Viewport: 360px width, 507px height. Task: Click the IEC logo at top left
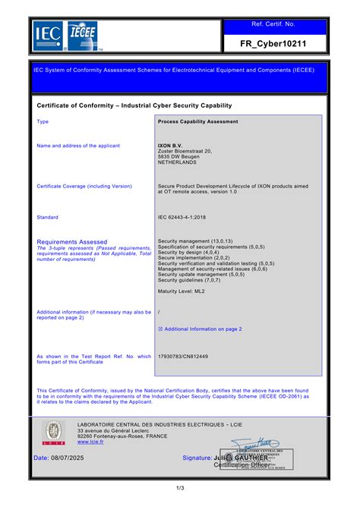(x=47, y=33)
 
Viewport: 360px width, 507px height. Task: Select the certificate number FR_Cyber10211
(x=275, y=44)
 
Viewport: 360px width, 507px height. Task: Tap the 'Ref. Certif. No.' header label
(x=275, y=24)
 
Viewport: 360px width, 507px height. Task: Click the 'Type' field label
(x=43, y=121)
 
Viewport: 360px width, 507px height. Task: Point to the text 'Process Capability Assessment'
(x=197, y=121)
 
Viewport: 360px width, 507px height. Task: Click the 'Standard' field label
(x=48, y=217)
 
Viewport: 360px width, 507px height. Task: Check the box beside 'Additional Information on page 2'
(x=160, y=329)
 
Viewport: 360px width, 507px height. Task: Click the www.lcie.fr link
(x=90, y=441)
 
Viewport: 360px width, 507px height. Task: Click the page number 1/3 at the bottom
(x=179, y=487)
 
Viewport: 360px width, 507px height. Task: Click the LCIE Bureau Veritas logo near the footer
(x=53, y=433)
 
